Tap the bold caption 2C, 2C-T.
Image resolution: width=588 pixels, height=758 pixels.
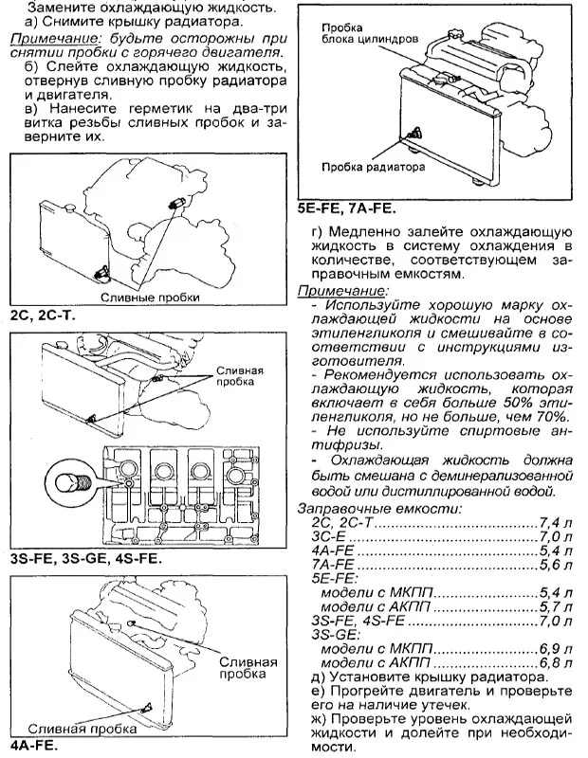(42, 314)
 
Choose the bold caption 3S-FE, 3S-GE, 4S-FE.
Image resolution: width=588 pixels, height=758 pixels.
(85, 559)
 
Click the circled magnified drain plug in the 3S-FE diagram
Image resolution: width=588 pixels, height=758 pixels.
(72, 478)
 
